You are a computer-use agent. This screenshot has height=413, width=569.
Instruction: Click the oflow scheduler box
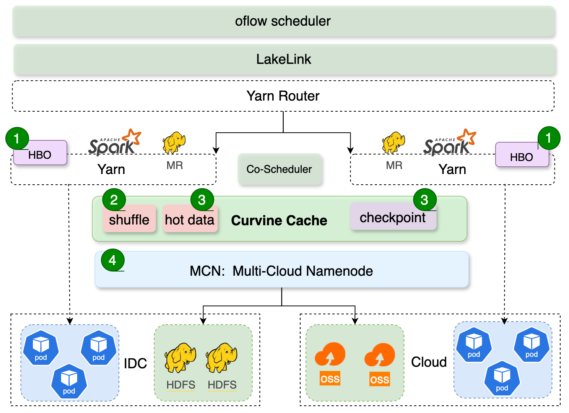(283, 21)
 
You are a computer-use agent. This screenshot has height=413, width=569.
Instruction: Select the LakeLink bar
(284, 59)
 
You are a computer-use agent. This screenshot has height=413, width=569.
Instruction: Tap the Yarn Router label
(283, 96)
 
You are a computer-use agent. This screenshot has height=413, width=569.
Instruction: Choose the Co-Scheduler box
(280, 169)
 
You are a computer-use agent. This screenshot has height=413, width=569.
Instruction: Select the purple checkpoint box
(393, 218)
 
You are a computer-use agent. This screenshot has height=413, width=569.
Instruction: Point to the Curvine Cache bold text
(279, 221)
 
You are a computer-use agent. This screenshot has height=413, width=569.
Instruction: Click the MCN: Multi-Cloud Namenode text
(281, 271)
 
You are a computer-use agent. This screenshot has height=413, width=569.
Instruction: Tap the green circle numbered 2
(114, 200)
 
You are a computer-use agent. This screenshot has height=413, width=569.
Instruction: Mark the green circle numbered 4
(112, 260)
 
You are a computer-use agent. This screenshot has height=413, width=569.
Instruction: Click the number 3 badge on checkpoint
(424, 200)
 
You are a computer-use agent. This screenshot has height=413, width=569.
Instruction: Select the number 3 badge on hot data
(202, 200)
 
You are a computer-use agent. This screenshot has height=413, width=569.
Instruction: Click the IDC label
(135, 363)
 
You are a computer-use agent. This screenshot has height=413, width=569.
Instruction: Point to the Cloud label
(429, 362)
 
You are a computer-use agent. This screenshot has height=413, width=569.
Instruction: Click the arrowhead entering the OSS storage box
(355, 321)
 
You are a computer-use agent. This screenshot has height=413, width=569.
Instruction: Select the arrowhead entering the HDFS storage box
(203, 321)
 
